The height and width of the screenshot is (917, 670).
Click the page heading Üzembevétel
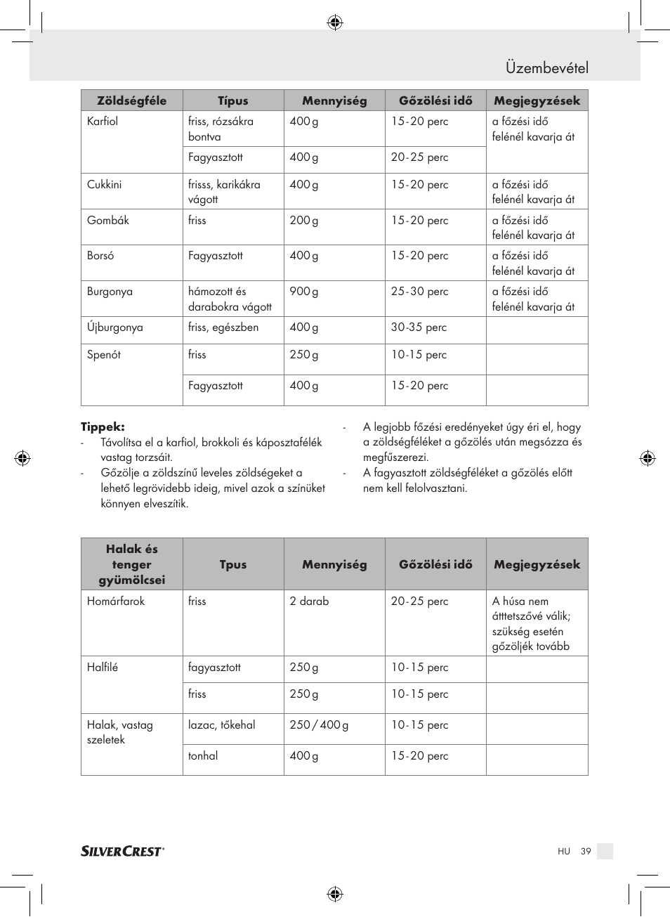pos(546,68)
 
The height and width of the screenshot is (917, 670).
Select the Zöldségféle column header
pos(131,100)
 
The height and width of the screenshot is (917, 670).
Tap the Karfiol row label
pos(103,122)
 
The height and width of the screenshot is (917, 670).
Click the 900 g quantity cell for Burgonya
pos(303,292)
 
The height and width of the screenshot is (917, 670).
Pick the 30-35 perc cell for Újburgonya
pos(419,327)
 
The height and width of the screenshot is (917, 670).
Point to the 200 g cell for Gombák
pos(303,221)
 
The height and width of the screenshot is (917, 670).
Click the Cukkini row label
pos(104,185)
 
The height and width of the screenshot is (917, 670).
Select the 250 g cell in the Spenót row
pos(303,355)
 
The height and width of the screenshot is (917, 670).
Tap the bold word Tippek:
pos(103,427)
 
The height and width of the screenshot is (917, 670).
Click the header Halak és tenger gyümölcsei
pos(131,564)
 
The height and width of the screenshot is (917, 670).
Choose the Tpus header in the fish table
pos(232,564)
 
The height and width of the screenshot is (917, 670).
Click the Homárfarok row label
pos(116,601)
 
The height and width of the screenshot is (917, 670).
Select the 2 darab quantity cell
pos(309,601)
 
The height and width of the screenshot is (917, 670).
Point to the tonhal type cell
pos(203,756)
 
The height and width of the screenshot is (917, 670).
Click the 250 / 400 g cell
pos(319,725)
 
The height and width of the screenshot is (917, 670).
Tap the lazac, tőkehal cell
pos(221,725)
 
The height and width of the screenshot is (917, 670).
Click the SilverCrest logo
pos(122,851)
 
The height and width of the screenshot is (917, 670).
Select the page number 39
pos(586,851)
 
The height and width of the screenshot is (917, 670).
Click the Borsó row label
pos(100,256)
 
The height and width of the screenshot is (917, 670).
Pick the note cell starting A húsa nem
pos(531,623)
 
